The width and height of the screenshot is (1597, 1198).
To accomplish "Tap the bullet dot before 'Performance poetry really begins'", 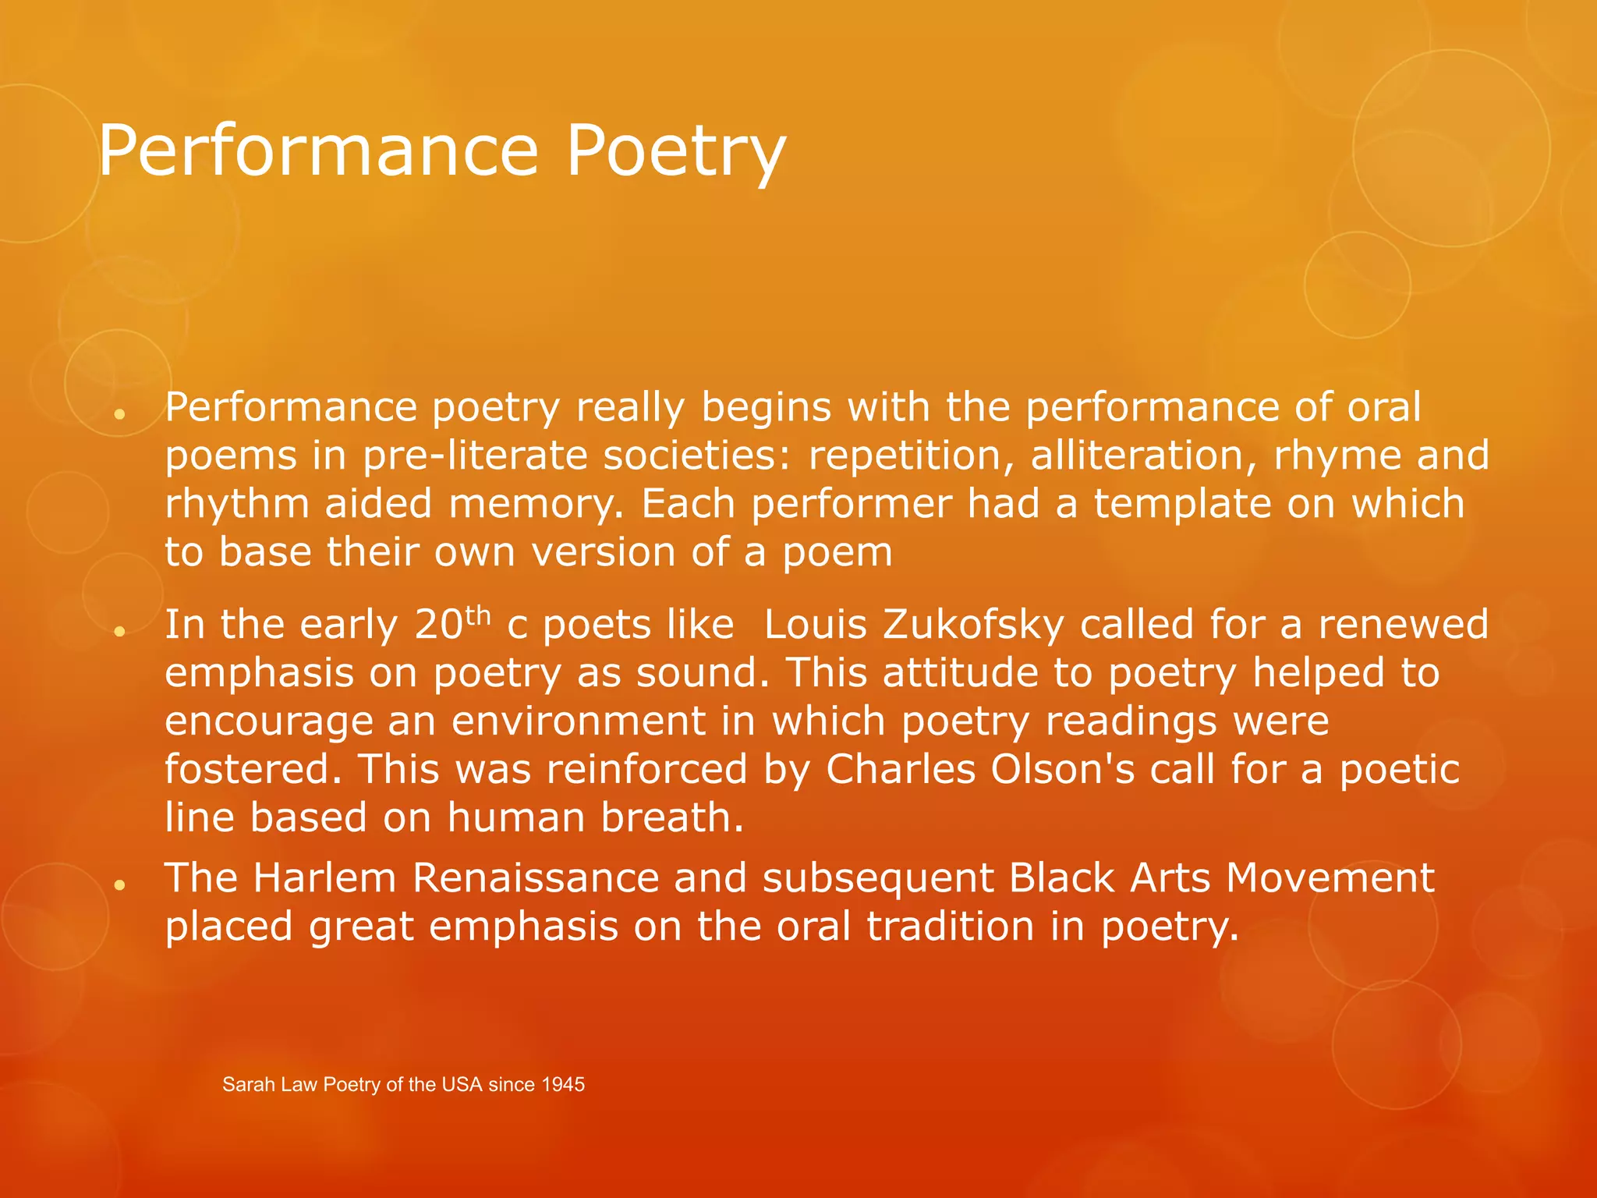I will (119, 413).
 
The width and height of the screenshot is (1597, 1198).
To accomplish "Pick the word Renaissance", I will (536, 877).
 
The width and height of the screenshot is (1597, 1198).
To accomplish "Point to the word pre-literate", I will (475, 455).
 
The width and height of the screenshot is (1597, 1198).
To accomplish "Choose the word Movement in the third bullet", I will (1330, 877).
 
